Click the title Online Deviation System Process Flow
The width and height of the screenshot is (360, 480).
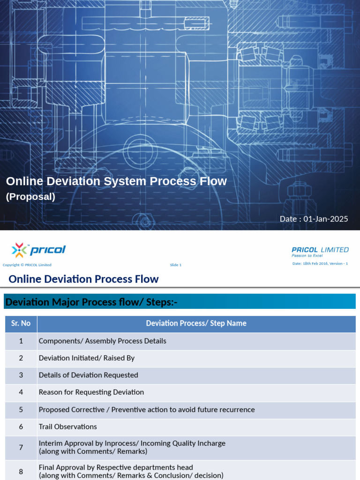pos(116,181)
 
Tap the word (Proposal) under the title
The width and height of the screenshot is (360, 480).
pos(30,197)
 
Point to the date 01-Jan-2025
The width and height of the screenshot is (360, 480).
pos(314,219)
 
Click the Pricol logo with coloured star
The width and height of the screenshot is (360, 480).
pos(39,250)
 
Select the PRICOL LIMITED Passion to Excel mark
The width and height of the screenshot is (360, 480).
pos(320,252)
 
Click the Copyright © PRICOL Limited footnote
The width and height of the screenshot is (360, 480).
pos(27,265)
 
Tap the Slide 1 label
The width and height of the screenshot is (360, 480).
pos(175,265)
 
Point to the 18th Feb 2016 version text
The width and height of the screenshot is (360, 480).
pos(320,263)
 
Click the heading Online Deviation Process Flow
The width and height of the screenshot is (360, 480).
pos(84,279)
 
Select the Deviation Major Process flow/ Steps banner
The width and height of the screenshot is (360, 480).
pos(91,302)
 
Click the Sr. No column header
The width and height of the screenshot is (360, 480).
pos(21,323)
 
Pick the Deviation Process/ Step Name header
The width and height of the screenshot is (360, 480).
pos(196,323)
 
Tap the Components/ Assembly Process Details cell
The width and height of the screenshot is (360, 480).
pos(103,341)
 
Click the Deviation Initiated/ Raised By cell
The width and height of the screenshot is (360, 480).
pos(87,358)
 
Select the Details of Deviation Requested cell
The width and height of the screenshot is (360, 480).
pos(89,375)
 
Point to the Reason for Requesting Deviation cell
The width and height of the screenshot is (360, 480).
pos(91,392)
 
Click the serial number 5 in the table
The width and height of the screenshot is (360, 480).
pos(21,410)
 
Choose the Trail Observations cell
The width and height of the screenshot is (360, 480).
pos(68,427)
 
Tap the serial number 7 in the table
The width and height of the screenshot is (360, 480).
pos(21,447)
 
